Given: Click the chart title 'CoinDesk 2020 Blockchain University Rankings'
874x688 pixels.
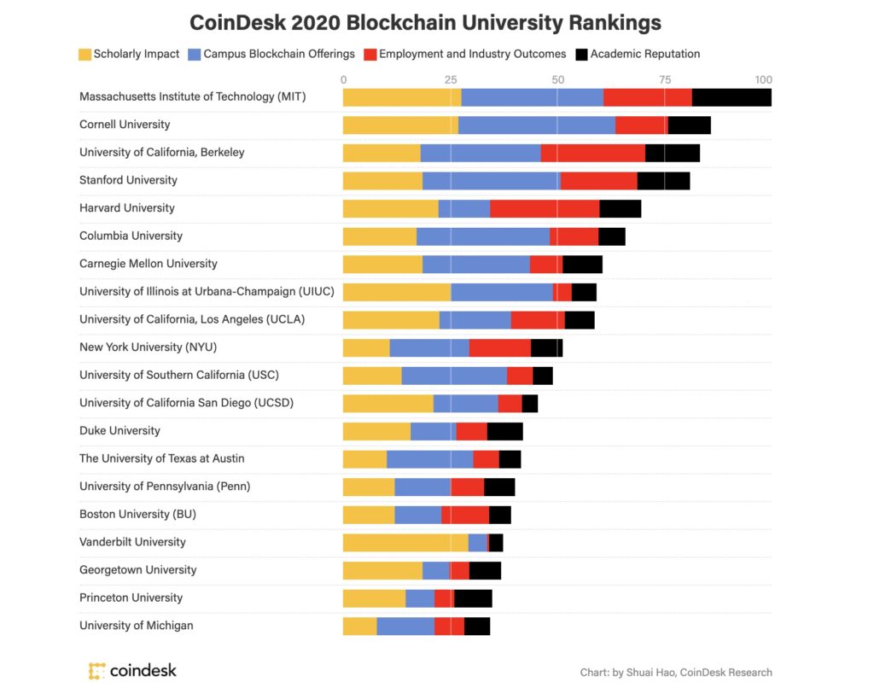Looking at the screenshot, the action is (425, 23).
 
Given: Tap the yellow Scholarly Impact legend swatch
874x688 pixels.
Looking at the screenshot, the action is (84, 54).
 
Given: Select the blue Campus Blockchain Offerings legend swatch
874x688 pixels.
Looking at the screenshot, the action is (195, 54).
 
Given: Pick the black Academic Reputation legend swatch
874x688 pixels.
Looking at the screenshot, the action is (581, 54).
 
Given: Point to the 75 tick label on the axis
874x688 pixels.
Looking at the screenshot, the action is (665, 79).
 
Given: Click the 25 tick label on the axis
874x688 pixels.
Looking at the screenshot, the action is (451, 79).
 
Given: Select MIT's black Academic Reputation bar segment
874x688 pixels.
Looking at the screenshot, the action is (731, 97).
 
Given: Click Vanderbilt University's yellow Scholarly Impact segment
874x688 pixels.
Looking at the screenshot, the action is (405, 543).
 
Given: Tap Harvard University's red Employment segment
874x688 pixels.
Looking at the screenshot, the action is (545, 208).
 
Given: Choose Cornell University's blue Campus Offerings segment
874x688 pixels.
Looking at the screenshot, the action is (537, 125).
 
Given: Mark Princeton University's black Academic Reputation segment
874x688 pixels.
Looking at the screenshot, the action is (473, 598).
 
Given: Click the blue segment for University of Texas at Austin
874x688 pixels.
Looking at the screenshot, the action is (430, 459).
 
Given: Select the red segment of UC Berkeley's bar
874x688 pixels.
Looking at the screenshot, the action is (593, 154).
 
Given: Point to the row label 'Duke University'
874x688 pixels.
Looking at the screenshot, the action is (119, 430).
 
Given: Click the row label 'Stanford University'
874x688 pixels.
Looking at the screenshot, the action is (128, 180).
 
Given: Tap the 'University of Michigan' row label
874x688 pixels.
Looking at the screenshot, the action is (136, 626).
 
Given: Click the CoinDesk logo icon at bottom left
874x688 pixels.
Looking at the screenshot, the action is (97, 671).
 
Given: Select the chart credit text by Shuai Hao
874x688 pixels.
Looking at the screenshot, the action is (676, 673).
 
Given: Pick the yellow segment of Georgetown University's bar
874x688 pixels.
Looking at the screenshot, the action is (383, 570).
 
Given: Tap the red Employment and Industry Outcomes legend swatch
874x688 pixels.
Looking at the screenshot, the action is (370, 54).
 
